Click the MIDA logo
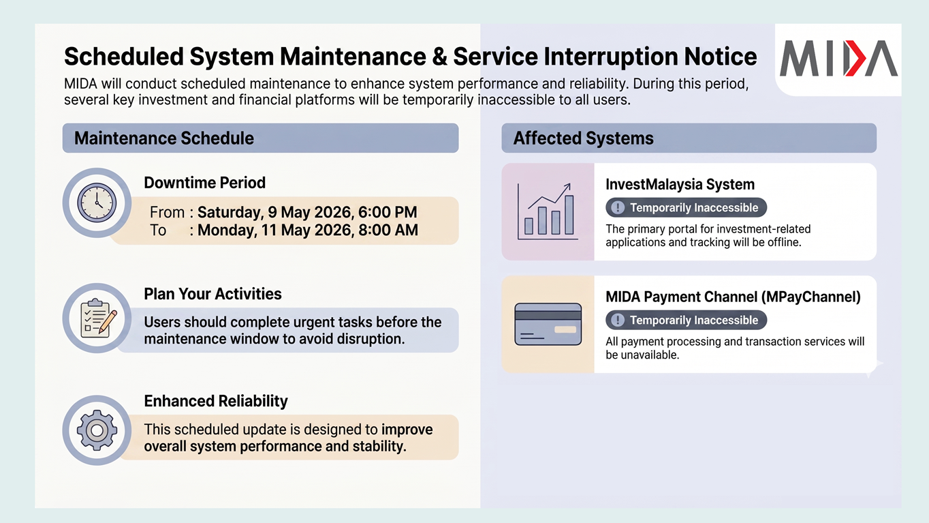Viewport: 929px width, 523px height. pos(838,58)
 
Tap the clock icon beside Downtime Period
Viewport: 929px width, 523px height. pos(97,203)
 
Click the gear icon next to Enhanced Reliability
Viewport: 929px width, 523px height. pos(97,430)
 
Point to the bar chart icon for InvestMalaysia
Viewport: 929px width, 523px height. pos(548,211)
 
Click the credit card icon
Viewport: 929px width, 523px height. pos(548,324)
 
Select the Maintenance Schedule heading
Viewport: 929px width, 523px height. pos(164,138)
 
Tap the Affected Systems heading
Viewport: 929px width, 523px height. pos(583,138)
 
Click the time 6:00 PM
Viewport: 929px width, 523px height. pos(388,212)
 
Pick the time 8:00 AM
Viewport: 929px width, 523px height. pos(388,230)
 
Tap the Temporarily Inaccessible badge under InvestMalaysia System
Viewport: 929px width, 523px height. pos(686,207)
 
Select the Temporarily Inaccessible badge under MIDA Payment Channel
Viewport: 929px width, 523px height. pos(686,320)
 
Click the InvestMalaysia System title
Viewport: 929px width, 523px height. pos(680,184)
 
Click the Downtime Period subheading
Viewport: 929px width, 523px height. pos(204,183)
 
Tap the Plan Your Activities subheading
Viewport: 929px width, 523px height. pos(212,294)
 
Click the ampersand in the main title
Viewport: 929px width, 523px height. pos(439,57)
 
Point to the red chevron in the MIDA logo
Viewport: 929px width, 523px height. pos(855,58)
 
